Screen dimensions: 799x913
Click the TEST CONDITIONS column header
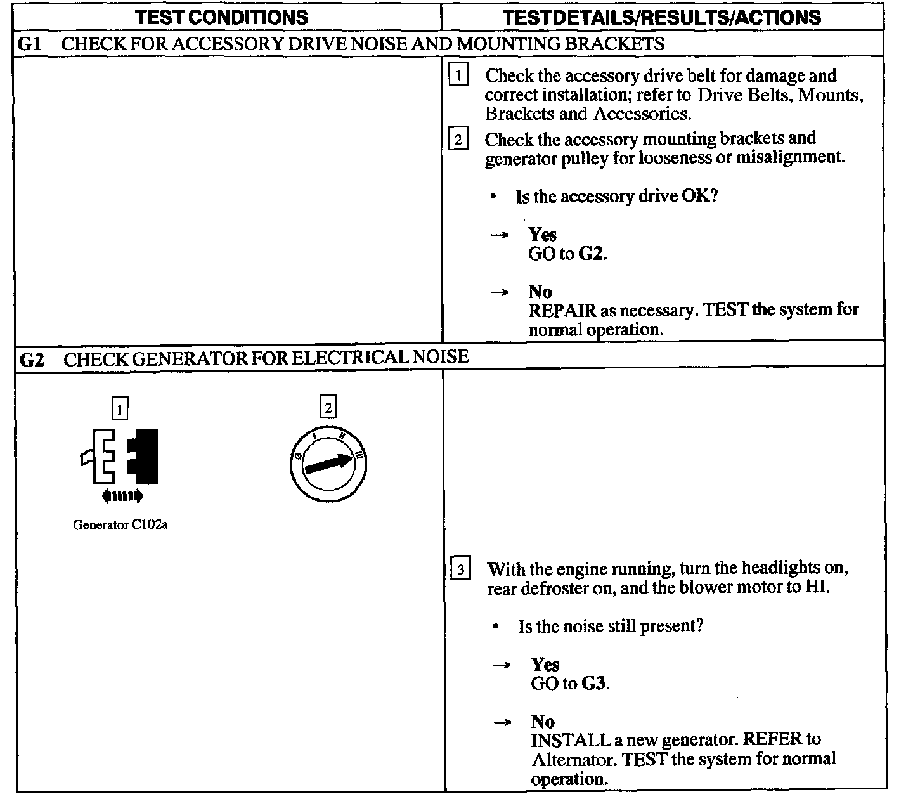pos(222,17)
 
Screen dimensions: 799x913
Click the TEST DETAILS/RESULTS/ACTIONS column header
pos(662,17)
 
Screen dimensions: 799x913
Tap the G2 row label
pos(32,360)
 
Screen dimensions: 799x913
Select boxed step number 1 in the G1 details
pos(458,76)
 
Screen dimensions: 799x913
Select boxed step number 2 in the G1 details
pos(458,139)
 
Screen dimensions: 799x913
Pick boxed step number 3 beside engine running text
pos(460,569)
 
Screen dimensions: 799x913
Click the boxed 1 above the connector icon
pos(119,408)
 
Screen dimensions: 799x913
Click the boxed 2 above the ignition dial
pos(328,407)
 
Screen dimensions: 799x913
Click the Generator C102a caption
pos(120,525)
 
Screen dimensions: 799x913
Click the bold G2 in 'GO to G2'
pos(592,254)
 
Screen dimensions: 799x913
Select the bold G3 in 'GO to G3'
pos(594,684)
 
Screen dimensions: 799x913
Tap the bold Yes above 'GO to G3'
pos(545,665)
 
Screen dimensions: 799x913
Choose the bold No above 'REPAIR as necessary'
pos(540,292)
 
